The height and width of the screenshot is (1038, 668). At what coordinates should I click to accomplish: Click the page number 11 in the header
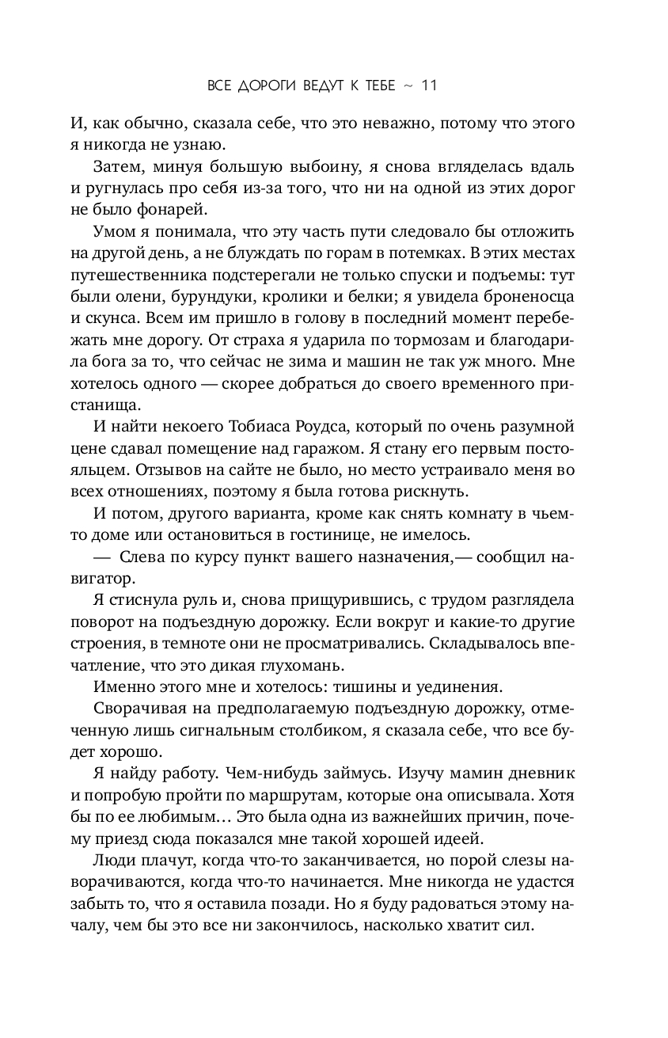click(427, 86)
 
